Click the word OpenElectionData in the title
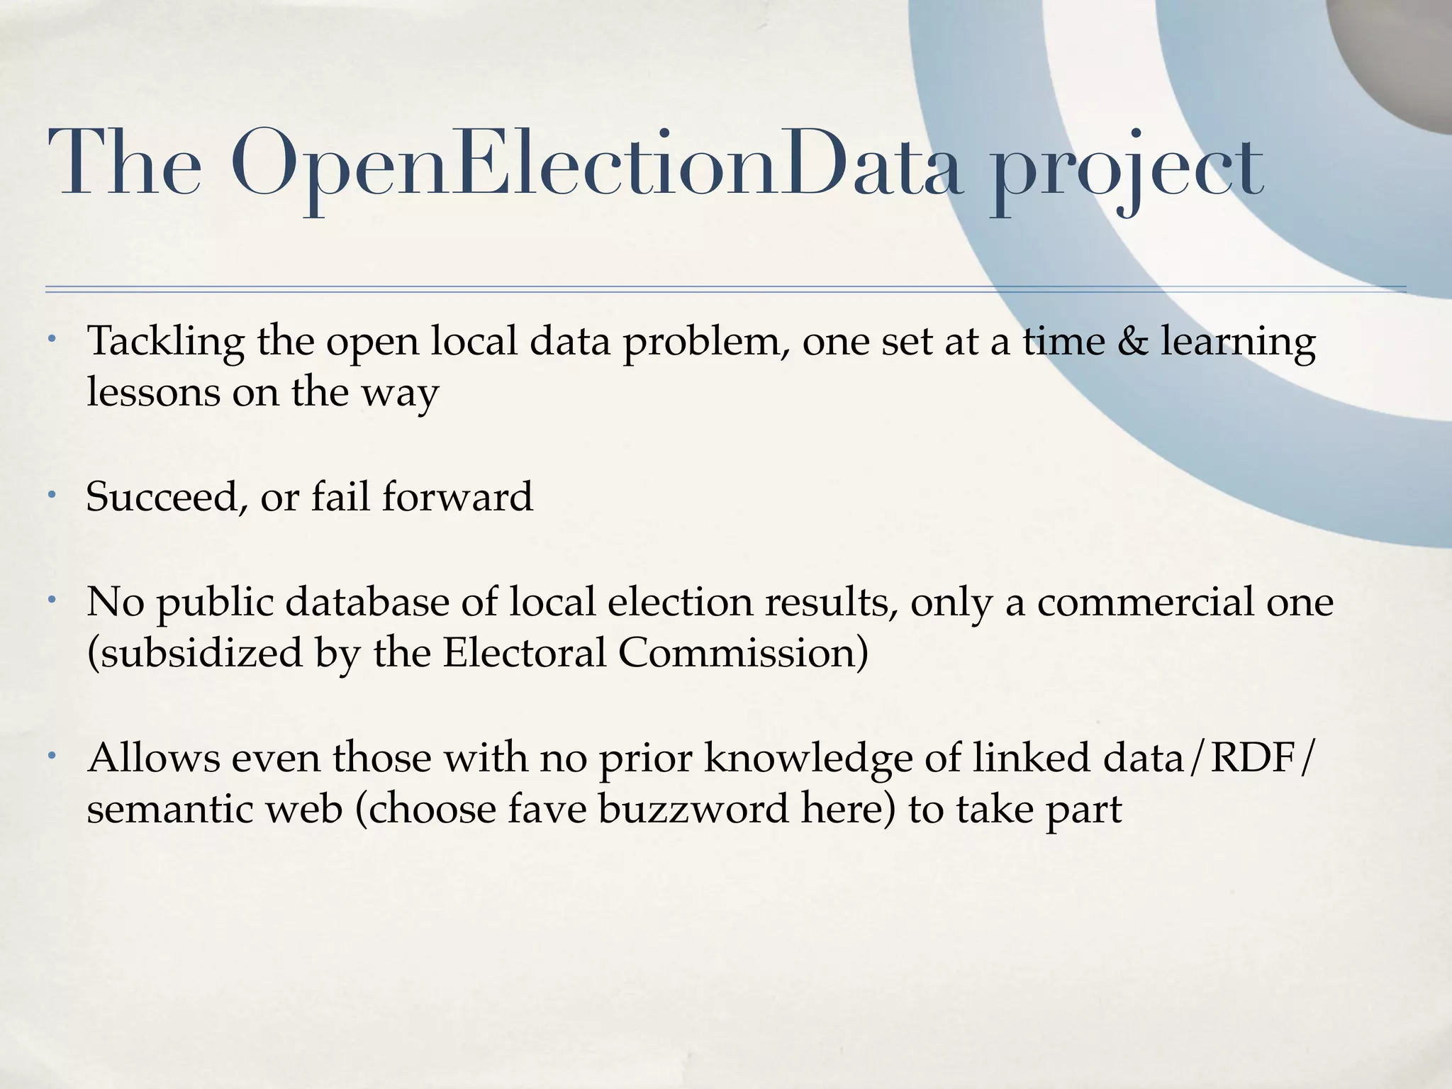[597, 164]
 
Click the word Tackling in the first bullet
[165, 342]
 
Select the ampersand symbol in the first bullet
[1132, 341]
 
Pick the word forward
[457, 496]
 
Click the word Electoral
[525, 653]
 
